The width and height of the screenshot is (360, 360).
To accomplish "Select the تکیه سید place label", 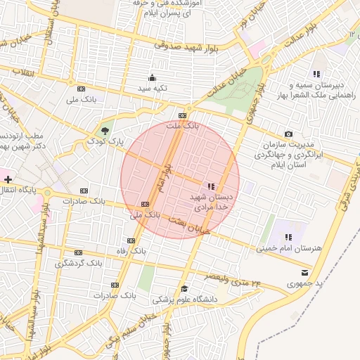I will pyautogui.click(x=152, y=89).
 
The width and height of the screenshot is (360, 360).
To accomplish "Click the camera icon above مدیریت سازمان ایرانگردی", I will pyautogui.click(x=288, y=134).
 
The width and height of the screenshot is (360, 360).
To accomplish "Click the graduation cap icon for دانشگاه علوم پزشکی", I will pyautogui.click(x=184, y=288).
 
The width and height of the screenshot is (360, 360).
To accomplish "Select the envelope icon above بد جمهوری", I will pyautogui.click(x=304, y=271).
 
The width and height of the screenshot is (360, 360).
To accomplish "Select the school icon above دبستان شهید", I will pyautogui.click(x=211, y=186).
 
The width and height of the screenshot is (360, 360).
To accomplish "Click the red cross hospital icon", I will pyautogui.click(x=8, y=181).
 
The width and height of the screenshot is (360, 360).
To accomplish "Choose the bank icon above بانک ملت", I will pyautogui.click(x=183, y=115).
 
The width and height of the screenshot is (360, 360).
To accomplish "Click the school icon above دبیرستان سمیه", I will pyautogui.click(x=316, y=74).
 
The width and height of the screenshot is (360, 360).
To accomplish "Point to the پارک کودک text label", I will pyautogui.click(x=105, y=141).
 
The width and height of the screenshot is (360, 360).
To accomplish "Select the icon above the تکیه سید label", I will pyautogui.click(x=152, y=77).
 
